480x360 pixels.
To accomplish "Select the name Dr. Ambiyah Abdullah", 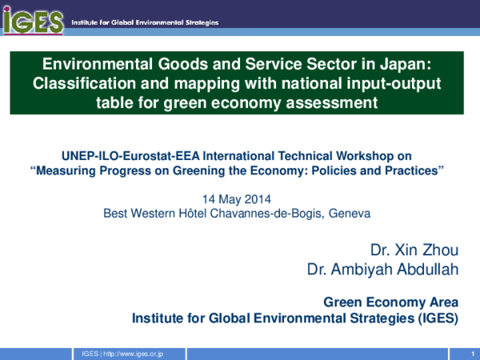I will pyautogui.click(x=383, y=269).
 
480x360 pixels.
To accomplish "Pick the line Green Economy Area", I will pyautogui.click(x=390, y=302).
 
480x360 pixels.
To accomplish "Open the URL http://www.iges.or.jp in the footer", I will pyautogui.click(x=134, y=353).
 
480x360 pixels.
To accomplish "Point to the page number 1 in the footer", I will pyautogui.click(x=463, y=353).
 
